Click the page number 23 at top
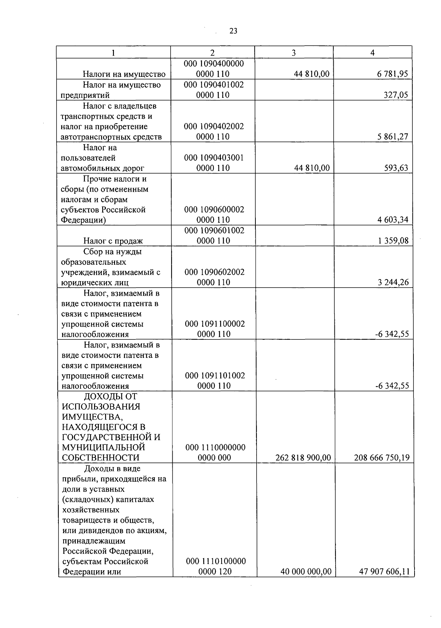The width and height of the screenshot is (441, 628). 233,31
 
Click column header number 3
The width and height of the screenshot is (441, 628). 294,53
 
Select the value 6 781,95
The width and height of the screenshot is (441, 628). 392,74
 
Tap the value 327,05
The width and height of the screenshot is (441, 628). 395,95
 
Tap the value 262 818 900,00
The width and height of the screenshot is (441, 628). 303,458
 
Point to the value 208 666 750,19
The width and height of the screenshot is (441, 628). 382,458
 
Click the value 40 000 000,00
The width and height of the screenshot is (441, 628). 306,572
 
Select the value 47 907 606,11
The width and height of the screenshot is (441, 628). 384,572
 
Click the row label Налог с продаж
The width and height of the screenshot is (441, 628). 113,241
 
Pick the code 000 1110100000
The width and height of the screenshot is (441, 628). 216,561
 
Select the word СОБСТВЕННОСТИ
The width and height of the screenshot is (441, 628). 101,458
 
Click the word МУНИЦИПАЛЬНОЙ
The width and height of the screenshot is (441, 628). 104,447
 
